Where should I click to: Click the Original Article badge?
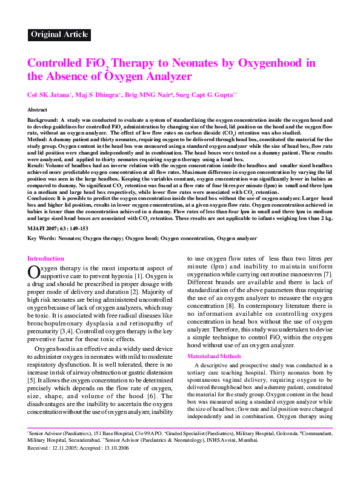coord(59,35)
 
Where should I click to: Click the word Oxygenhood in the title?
coord(261,62)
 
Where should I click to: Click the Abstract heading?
coord(37,109)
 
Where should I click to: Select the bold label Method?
coord(39,139)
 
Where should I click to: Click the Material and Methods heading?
coord(214,356)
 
